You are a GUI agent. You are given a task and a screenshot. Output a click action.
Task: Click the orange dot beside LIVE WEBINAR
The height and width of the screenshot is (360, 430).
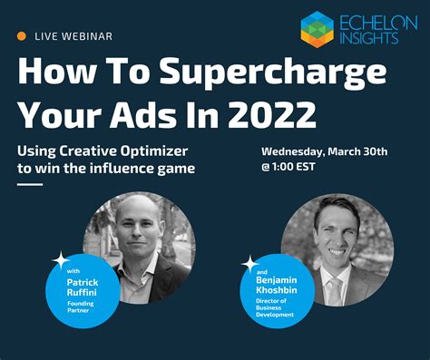pyautogui.click(x=21, y=35)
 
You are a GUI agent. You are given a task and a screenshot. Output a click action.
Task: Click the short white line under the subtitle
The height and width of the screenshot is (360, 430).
pyautogui.click(x=30, y=184)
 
